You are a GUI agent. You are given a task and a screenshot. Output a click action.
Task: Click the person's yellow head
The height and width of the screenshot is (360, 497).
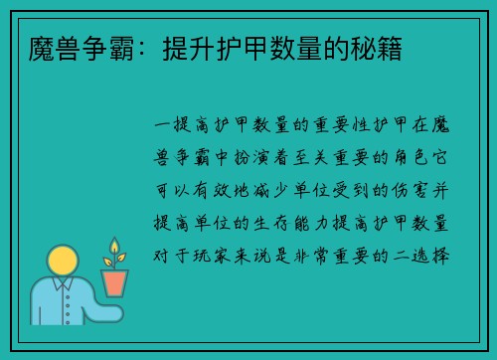[x=65, y=265]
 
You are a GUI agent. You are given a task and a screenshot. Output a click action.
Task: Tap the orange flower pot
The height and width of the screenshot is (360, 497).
[x=115, y=282]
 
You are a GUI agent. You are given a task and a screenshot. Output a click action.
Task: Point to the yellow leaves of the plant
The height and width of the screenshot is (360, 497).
[x=114, y=249]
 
